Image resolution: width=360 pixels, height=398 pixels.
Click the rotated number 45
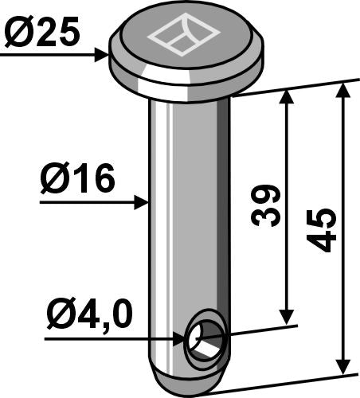click(x=323, y=231)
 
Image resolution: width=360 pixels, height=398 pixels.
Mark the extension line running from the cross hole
click(x=263, y=330)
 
